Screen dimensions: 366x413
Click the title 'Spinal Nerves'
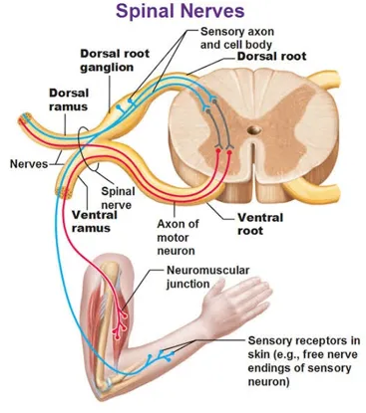[x=180, y=11]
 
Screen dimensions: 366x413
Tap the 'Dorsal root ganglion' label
[x=115, y=60]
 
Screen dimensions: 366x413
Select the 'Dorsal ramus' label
[x=69, y=100]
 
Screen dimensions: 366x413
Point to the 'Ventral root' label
[x=260, y=224]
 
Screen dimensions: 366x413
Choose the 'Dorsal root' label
[x=271, y=56]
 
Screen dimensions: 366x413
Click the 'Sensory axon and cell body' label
[x=237, y=38]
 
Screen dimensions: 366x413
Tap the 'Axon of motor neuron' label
[x=178, y=237]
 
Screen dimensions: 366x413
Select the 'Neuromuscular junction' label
[x=207, y=277]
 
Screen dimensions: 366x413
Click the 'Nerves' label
[x=29, y=164]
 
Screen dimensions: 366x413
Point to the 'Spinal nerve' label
[x=118, y=198]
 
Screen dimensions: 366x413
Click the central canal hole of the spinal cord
[x=255, y=129]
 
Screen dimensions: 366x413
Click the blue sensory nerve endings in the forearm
[x=161, y=356]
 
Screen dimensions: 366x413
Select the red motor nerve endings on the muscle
[x=120, y=321]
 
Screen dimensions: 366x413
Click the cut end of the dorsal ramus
[x=24, y=119]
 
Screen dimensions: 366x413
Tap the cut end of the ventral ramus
[x=64, y=193]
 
